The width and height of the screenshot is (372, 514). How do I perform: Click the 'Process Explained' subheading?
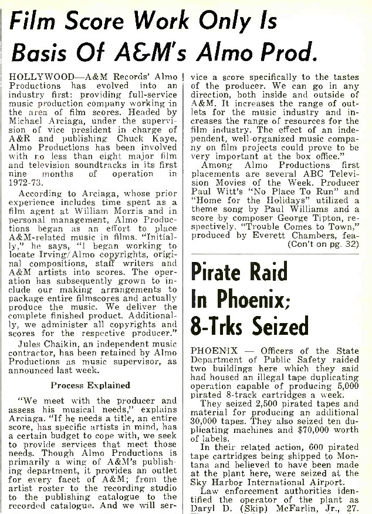91,385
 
